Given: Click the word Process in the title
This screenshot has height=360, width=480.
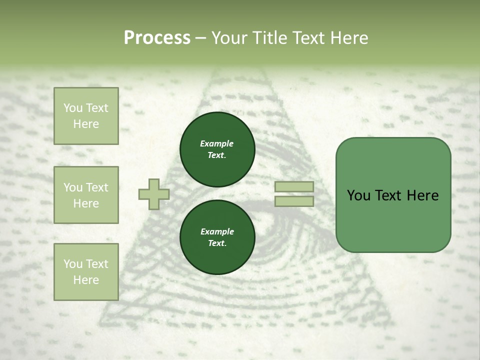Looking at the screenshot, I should pos(157,38).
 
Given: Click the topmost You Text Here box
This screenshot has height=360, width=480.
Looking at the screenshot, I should pos(86,116).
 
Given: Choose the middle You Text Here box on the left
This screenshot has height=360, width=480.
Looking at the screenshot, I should pos(86,195).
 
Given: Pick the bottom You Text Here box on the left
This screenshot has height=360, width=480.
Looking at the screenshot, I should pos(86,271).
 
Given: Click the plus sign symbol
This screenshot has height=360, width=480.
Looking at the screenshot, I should pos(154,194).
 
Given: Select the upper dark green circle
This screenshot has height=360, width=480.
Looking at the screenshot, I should pos(217,149).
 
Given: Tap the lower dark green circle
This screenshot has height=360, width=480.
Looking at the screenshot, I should pos(217,237).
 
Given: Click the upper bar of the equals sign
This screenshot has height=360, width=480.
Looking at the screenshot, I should pos(294,187).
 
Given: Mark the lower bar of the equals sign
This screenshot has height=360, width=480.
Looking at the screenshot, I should pos(294,201).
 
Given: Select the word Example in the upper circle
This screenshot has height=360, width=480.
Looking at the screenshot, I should pos(216,143).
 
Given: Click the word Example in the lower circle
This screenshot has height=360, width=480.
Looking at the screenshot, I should pos(216,231).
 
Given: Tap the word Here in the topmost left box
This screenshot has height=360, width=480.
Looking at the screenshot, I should pos(86,124).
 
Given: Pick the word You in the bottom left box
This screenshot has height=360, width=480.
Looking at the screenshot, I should pos(73,263).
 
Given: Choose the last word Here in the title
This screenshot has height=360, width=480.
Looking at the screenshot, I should pos(350,38).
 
